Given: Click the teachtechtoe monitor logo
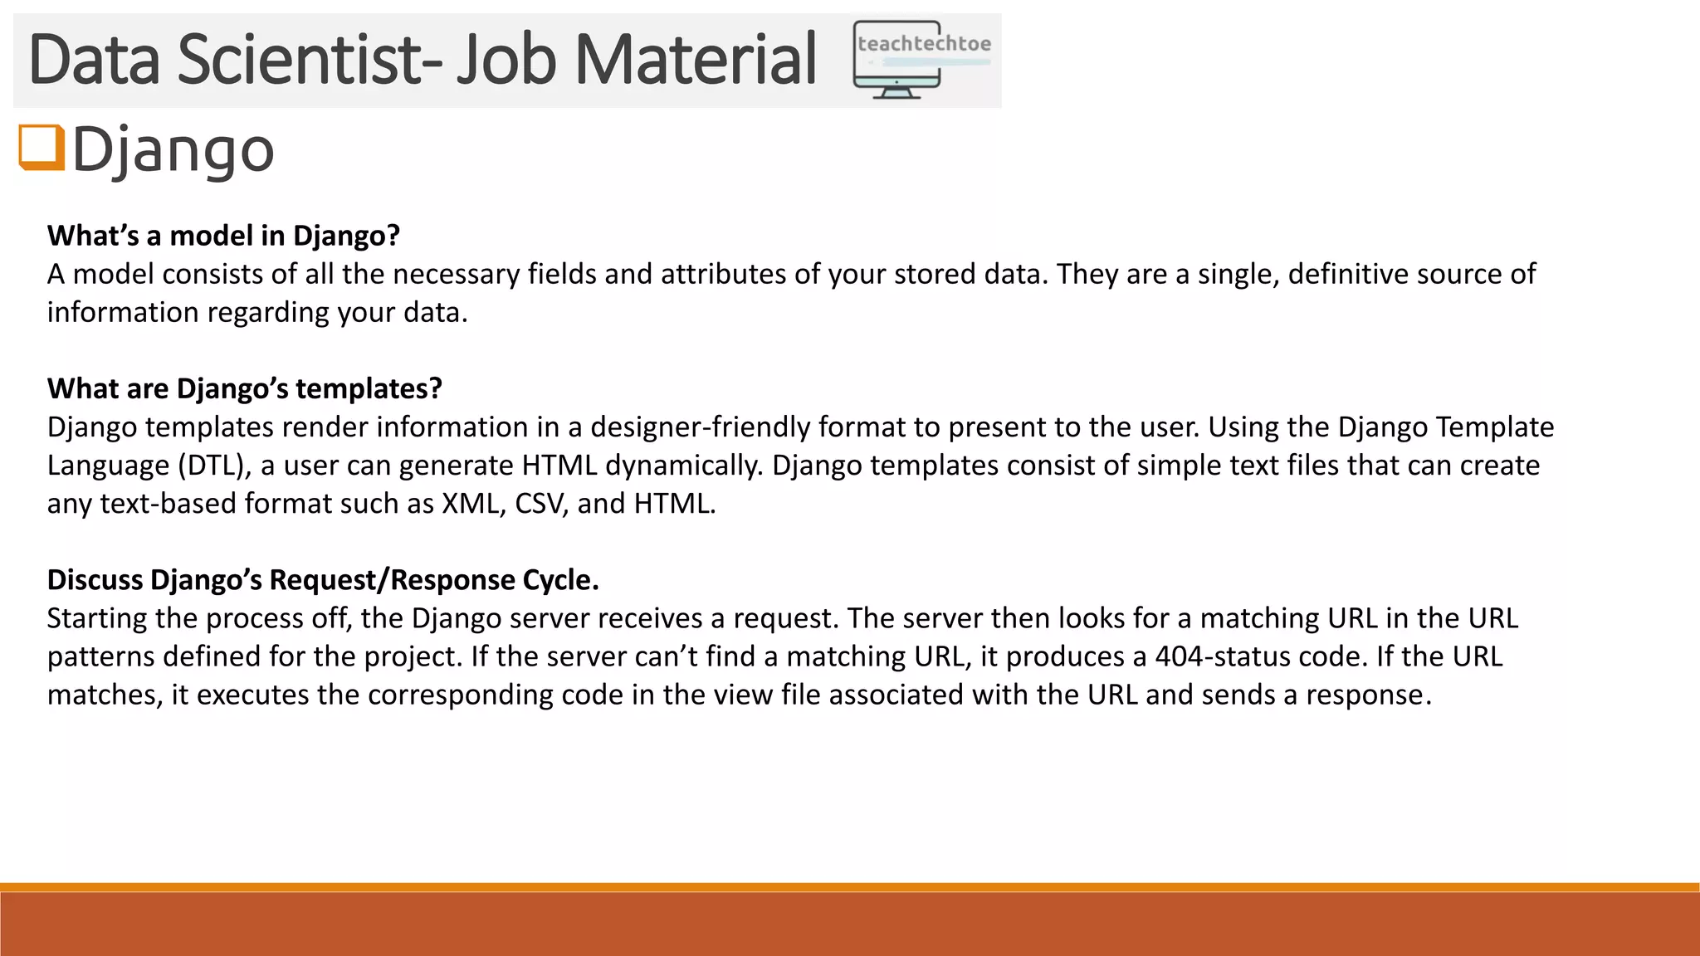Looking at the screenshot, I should pyautogui.click(x=921, y=61).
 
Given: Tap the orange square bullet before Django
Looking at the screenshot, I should pyautogui.click(x=41, y=148).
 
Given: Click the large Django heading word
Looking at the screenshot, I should pyautogui.click(x=173, y=150).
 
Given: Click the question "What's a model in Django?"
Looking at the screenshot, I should pyautogui.click(x=223, y=237).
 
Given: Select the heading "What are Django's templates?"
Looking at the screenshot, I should pyautogui.click(x=244, y=389).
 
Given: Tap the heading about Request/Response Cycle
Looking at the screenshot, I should pyautogui.click(x=323, y=580).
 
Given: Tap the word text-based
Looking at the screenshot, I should pyautogui.click(x=168, y=504).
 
